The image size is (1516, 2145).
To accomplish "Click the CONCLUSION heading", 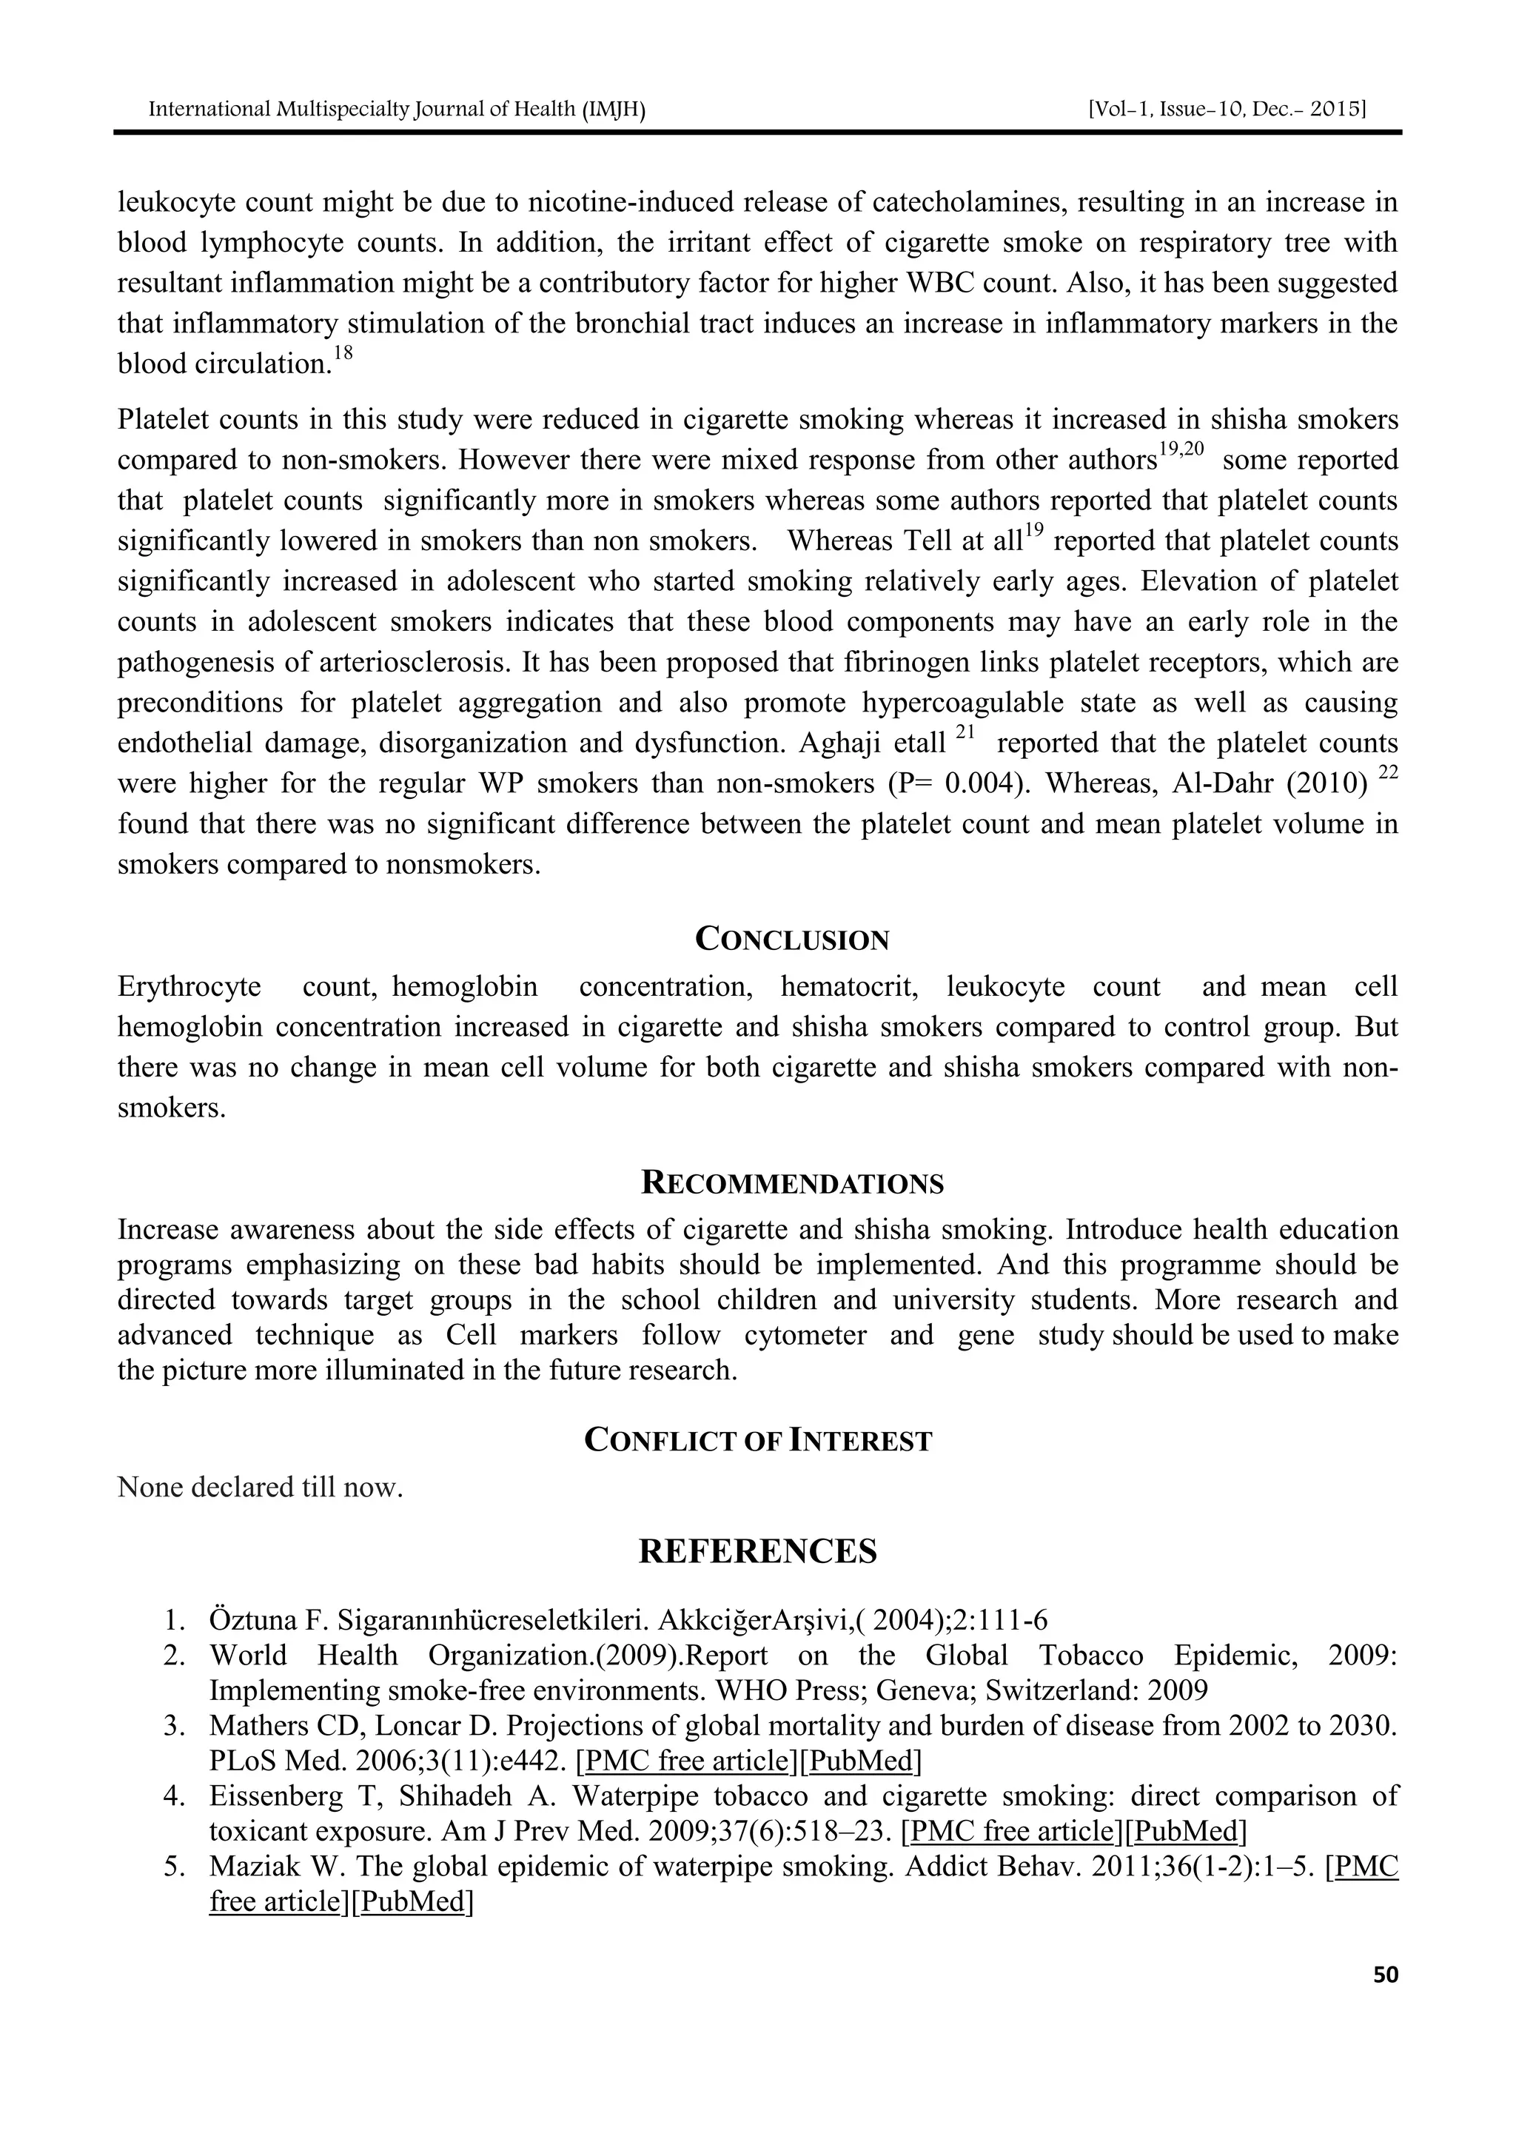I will click(792, 940).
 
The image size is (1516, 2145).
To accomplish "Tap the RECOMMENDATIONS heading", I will click(792, 1184).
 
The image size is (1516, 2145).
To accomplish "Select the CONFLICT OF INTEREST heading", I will click(757, 1441).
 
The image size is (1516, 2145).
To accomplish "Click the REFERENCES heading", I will click(757, 1551).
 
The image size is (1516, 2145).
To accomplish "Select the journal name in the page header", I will click(397, 110).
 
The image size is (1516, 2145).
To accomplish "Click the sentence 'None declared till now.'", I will click(260, 1486).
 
